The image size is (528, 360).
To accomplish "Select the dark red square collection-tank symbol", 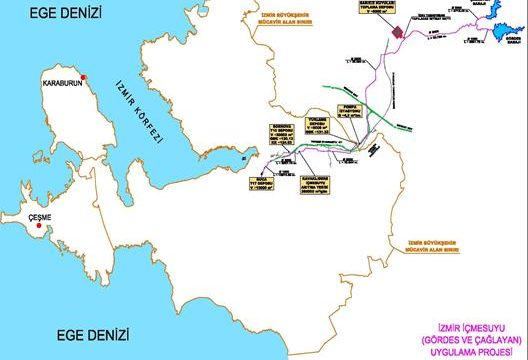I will [x=397, y=31].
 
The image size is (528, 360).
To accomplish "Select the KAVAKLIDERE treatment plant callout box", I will [x=311, y=180].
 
